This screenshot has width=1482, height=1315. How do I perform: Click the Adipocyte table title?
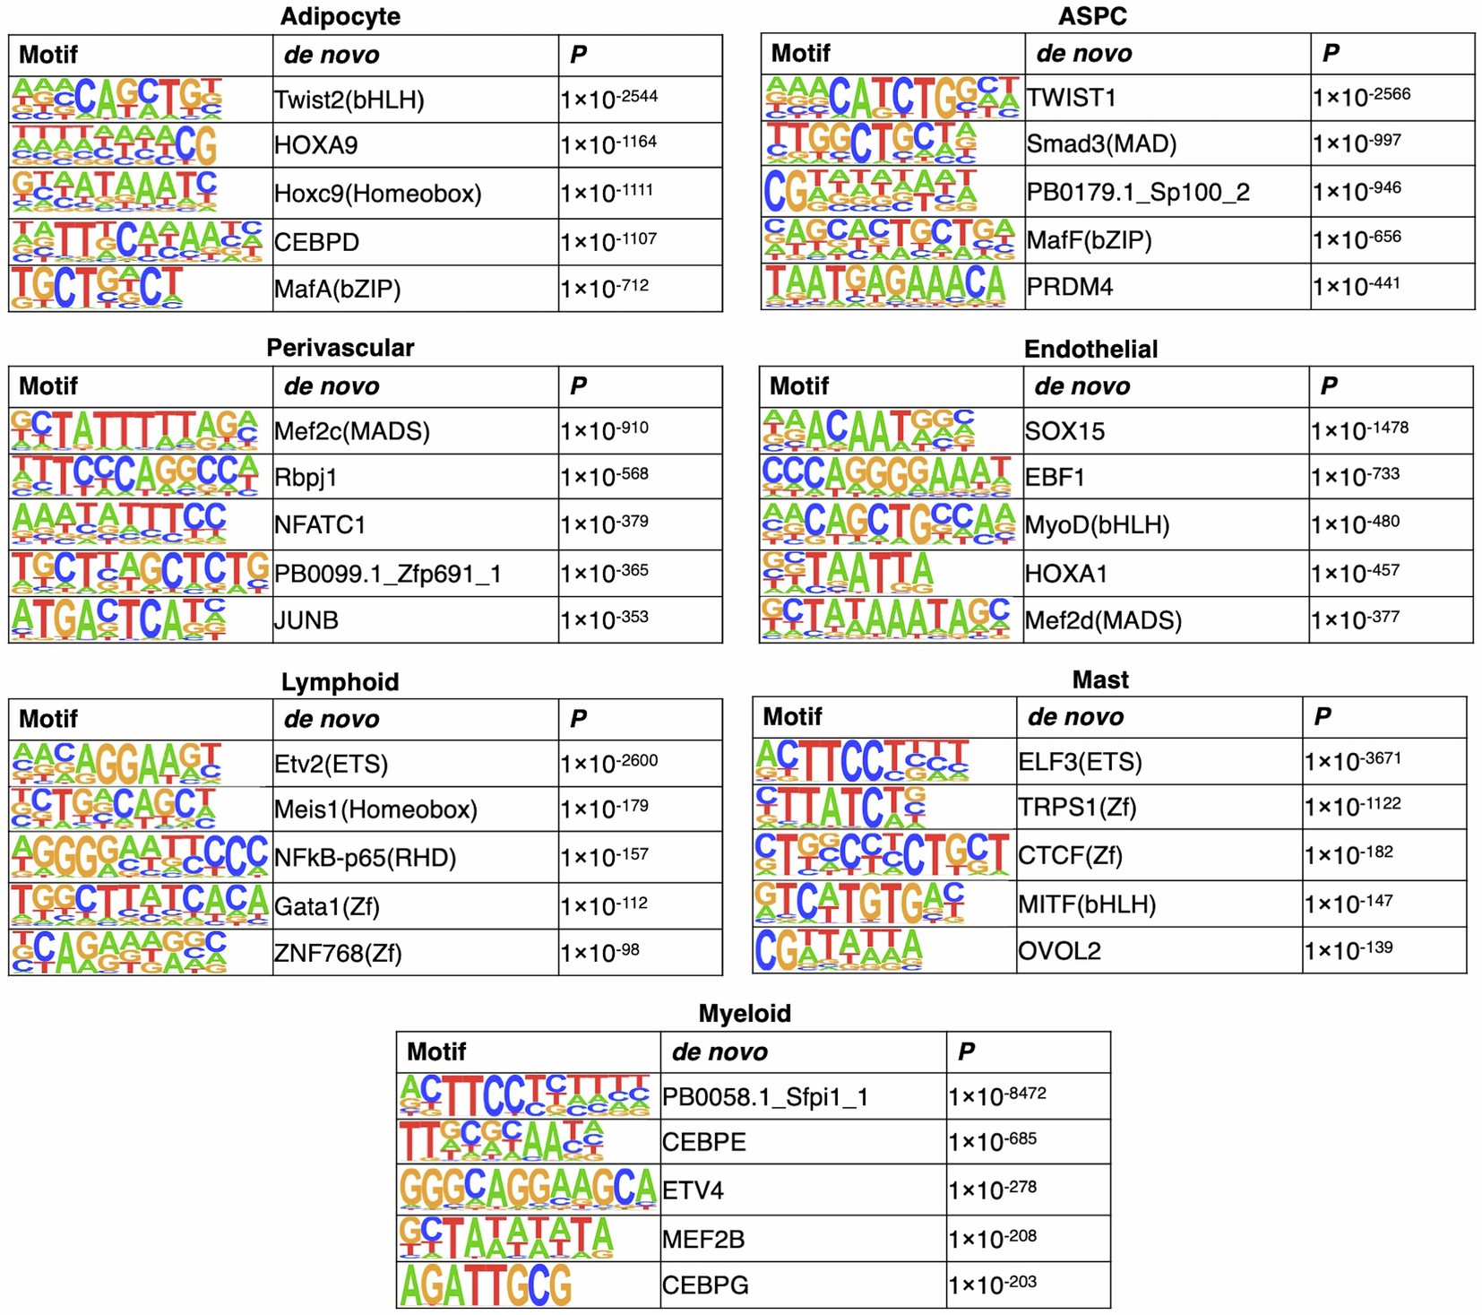340,16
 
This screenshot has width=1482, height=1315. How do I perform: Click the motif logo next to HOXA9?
115,145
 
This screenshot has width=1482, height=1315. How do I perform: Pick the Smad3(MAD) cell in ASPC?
1101,143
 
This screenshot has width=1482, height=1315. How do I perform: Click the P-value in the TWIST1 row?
1361,97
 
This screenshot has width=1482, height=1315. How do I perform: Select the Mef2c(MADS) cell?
352,431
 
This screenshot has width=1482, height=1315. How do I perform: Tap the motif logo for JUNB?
118,619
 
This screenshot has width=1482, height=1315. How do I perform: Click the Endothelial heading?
1090,349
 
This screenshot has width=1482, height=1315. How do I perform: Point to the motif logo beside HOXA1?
848,574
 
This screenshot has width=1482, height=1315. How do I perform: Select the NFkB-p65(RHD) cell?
366,858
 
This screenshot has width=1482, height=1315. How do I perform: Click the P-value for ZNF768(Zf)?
599,953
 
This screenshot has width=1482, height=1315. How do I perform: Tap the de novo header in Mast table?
1075,717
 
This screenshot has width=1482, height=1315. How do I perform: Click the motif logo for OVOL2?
838,950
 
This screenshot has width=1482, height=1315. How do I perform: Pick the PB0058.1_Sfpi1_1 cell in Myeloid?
764,1097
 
